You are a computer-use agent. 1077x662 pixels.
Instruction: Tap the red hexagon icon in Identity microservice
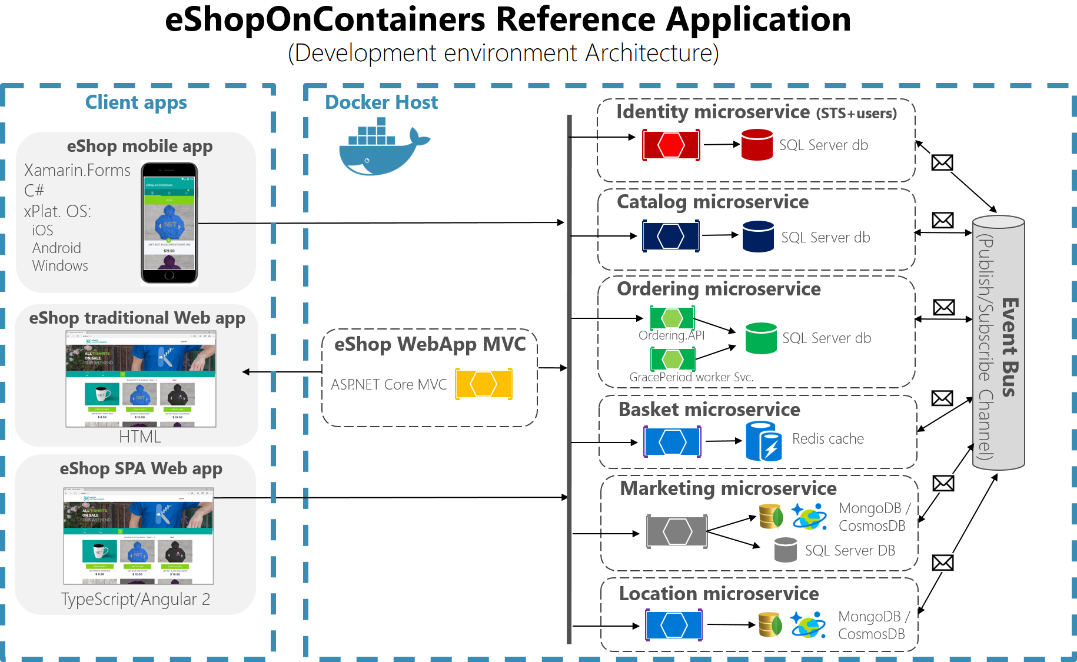[671, 145]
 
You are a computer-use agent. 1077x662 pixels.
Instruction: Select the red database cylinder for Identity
[757, 145]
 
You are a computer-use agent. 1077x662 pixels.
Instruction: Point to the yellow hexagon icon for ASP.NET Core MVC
[484, 384]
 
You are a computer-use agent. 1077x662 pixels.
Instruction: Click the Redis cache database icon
[764, 441]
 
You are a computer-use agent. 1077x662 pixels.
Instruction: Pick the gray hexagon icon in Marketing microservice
[677, 532]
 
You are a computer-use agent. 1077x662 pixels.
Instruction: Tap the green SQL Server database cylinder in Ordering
[761, 338]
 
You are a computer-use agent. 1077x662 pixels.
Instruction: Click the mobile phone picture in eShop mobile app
[169, 223]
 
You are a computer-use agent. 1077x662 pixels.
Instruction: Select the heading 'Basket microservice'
[709, 410]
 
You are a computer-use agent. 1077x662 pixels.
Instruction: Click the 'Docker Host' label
[381, 102]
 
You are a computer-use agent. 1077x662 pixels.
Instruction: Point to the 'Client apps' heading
[136, 102]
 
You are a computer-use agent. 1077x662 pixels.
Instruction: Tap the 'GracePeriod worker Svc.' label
[691, 377]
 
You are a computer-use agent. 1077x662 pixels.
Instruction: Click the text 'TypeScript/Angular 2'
[135, 599]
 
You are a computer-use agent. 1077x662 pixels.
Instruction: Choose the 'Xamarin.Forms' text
[77, 170]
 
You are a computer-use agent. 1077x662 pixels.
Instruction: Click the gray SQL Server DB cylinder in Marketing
[785, 550]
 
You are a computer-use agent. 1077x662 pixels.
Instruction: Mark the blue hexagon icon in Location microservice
[674, 625]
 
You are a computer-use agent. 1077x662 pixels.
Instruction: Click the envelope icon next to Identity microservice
[942, 162]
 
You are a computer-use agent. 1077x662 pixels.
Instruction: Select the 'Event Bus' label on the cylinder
[1009, 347]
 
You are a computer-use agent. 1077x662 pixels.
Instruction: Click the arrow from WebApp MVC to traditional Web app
[282, 372]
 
